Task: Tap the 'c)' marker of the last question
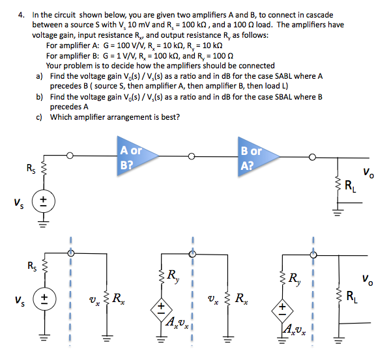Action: click(x=40, y=117)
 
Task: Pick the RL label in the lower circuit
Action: click(x=352, y=298)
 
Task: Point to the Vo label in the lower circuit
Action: click(x=368, y=281)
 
